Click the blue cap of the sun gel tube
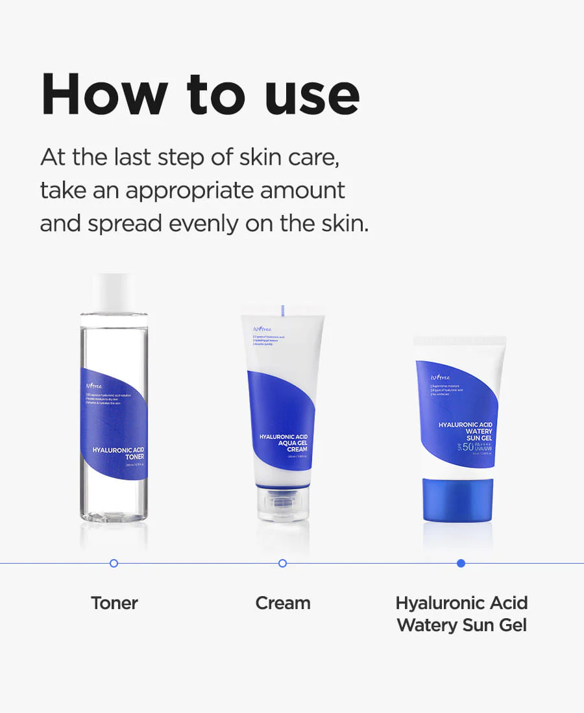coord(458,500)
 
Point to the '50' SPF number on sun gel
coord(450,447)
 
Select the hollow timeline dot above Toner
coord(114,563)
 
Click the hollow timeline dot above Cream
coord(282,563)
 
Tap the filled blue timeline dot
coord(461,563)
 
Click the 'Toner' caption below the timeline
coord(114,603)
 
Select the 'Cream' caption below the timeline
coord(282,603)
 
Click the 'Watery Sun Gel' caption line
coord(461,625)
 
